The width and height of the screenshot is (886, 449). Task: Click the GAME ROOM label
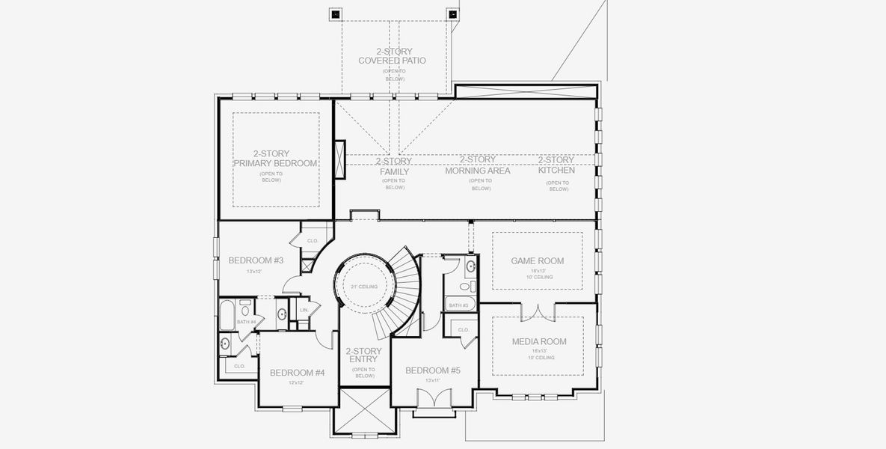point(537,261)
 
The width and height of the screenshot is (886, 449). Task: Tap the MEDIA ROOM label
point(538,342)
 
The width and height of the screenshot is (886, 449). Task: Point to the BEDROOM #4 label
point(297,373)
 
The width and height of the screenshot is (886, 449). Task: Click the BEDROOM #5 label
point(432,370)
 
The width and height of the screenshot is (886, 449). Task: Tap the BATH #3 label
point(458,305)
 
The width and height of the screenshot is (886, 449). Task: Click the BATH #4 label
point(246,322)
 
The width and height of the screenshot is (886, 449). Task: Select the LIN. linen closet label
point(304,309)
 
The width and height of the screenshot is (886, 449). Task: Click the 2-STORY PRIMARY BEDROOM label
point(274,159)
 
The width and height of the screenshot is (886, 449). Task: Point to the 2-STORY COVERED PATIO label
point(392,56)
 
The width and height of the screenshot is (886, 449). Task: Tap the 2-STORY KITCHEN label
point(556,165)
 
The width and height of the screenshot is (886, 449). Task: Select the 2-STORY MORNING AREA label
point(477,165)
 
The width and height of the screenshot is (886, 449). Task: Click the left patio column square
point(335,14)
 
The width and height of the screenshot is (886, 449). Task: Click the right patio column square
point(452,14)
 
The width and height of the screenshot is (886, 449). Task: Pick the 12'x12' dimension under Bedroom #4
point(297,383)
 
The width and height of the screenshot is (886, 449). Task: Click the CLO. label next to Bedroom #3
point(313,241)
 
